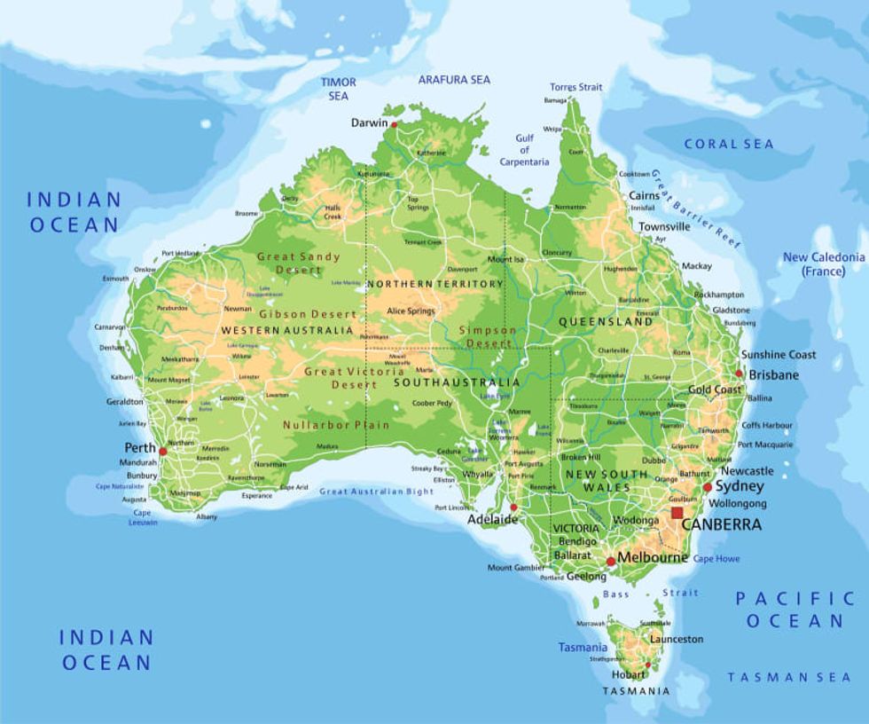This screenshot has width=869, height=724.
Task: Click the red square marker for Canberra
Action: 677,513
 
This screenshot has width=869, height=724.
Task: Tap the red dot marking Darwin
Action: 395,125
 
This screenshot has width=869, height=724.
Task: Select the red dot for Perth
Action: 162,451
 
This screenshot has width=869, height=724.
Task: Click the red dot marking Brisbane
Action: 739,374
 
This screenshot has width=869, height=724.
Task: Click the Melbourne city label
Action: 652,557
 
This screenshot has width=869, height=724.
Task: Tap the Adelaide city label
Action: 492,520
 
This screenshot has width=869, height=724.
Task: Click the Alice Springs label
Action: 411,311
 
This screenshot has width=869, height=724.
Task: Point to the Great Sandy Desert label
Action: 298,263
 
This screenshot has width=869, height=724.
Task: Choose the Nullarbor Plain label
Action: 336,425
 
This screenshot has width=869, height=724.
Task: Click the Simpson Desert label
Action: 486,336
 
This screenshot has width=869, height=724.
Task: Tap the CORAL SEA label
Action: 729,144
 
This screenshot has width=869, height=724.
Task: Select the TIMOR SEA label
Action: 338,89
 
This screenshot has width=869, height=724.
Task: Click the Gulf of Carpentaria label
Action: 525,150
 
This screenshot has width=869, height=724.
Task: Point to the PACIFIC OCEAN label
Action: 795,610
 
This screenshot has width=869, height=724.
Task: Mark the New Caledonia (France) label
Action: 824,264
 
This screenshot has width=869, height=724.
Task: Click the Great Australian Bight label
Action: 377,492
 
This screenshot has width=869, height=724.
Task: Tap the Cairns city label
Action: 645,195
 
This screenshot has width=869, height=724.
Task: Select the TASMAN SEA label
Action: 789,677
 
